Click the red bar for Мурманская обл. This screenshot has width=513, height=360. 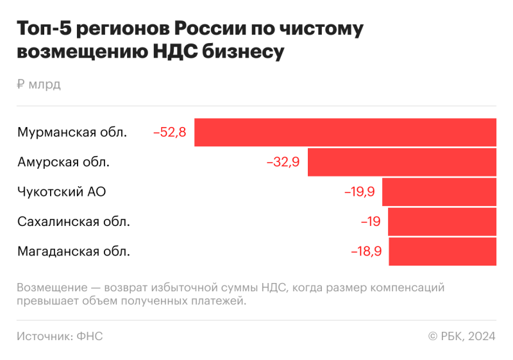pyautogui.click(x=345, y=132)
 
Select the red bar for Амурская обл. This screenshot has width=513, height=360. pyautogui.click(x=402, y=162)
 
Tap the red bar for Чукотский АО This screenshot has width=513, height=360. pyautogui.click(x=439, y=192)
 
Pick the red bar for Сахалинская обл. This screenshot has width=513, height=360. pyautogui.click(x=442, y=221)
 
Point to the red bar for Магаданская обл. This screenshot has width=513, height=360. pyautogui.click(x=442, y=251)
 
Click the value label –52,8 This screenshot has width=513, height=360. pyautogui.click(x=169, y=133)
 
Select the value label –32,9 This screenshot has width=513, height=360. pyautogui.click(x=283, y=162)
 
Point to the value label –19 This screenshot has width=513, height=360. pyautogui.click(x=371, y=221)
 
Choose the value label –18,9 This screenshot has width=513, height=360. pyautogui.click(x=366, y=252)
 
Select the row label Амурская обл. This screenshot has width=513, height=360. pyautogui.click(x=63, y=162)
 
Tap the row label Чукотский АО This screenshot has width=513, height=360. pyautogui.click(x=62, y=192)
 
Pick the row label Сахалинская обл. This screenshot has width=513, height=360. pyautogui.click(x=74, y=221)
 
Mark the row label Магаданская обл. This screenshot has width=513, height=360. pyautogui.click(x=74, y=252)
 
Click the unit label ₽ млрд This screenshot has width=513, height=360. pyautogui.click(x=39, y=84)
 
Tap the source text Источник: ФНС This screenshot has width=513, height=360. pyautogui.click(x=60, y=336)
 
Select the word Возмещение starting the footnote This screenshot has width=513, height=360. pyautogui.click(x=52, y=287)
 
